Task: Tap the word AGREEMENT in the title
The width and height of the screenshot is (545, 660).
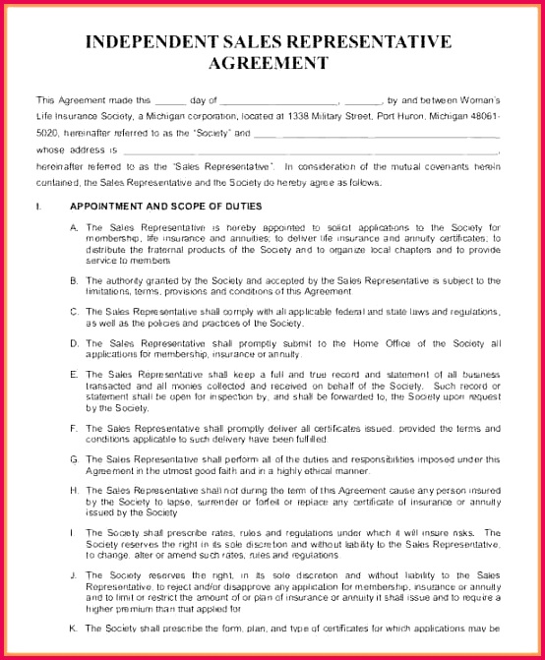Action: coord(268,63)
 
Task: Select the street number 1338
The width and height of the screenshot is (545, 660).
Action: coord(302,116)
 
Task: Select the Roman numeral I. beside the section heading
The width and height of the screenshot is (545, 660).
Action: coord(38,207)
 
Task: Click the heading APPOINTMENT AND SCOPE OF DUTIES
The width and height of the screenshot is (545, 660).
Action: coord(166,207)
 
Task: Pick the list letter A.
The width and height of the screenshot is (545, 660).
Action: coord(74,227)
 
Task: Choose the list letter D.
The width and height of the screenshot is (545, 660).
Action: coord(74,343)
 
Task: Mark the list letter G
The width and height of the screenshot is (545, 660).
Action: coord(74,459)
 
